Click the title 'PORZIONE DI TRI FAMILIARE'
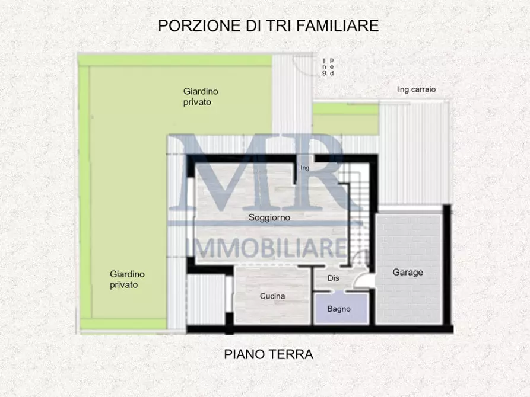[x=268, y=25]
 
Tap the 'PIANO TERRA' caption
[x=268, y=354]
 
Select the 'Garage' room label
[x=408, y=273]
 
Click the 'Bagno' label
[x=339, y=309]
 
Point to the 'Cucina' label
[x=272, y=296]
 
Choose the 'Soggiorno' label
[x=269, y=217]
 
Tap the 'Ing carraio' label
[x=417, y=89]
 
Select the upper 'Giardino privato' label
[x=201, y=97]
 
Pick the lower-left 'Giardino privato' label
[x=127, y=279]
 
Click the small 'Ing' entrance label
[x=306, y=168]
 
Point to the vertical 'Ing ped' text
[x=328, y=67]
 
